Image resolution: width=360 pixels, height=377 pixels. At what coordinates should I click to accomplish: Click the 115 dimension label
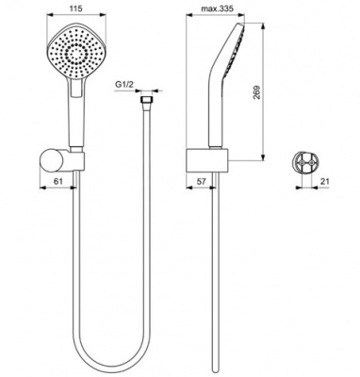76,8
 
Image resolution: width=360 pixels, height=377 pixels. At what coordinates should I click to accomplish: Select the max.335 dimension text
217,8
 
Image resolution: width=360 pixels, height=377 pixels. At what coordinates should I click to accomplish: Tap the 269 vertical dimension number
257,92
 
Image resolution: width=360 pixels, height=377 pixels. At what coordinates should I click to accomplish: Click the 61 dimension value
58,181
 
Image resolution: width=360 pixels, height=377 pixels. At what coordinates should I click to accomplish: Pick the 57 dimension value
201,181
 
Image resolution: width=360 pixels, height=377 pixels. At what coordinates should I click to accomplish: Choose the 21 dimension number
325,181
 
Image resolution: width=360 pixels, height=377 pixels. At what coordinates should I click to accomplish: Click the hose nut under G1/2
145,102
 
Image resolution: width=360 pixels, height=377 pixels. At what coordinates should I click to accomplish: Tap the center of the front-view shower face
76,55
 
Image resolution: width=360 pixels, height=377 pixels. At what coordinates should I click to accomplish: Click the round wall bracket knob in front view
51,160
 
